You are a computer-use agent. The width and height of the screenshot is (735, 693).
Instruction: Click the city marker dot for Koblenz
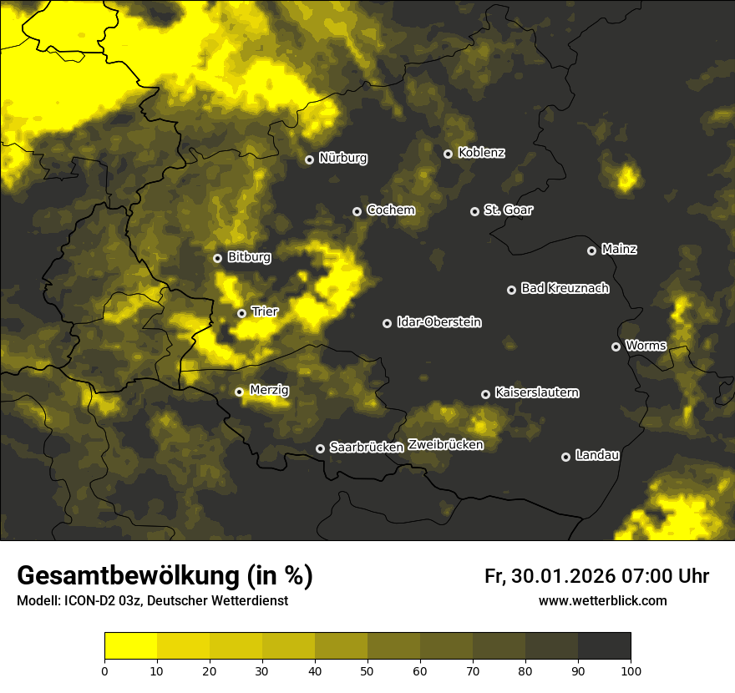[x=448, y=154]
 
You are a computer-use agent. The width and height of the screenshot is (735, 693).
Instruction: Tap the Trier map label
[x=265, y=311]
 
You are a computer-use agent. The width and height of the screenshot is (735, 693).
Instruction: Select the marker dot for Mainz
[x=591, y=250]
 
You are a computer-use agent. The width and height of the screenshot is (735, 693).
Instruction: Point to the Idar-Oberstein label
[x=439, y=322]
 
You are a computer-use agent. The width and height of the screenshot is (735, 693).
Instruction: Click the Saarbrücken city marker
[x=320, y=448]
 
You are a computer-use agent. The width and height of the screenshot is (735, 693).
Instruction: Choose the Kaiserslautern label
[x=537, y=392]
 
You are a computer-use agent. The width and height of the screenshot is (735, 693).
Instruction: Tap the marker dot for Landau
[x=565, y=457]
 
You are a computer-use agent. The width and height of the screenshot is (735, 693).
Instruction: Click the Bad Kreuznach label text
[x=565, y=288]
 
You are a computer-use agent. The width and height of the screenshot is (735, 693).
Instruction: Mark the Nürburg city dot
[x=309, y=159]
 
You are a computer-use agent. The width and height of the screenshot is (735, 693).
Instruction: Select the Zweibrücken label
[x=446, y=445]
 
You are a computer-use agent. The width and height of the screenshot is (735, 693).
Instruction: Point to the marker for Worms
[x=616, y=346]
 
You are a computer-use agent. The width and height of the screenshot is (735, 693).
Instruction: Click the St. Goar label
[x=509, y=210]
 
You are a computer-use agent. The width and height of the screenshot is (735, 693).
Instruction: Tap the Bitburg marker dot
[x=217, y=258]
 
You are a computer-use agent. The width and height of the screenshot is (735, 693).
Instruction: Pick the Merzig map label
[x=270, y=390]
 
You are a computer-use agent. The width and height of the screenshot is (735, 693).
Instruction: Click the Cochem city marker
[x=357, y=211]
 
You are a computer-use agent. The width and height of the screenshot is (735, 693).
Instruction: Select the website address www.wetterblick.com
[x=603, y=600]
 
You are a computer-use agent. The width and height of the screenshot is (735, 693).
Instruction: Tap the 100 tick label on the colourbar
[x=631, y=670]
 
